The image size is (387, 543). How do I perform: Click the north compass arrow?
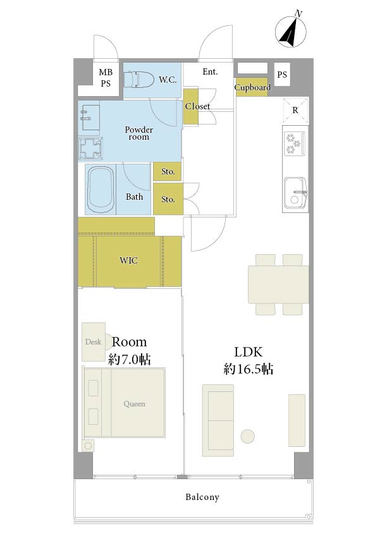pos(291,32)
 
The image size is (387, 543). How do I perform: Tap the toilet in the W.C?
pos(139,79)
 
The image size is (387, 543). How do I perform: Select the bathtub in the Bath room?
pos(101,190)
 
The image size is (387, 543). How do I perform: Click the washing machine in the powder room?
pos(90,149)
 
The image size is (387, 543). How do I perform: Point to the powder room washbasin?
pos(89,118)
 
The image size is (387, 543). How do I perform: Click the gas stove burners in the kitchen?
pos(294,144)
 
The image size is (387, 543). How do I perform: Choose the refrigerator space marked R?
pos(295,111)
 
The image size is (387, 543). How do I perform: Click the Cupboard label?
pos(252,87)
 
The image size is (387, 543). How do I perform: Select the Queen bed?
pos(124,403)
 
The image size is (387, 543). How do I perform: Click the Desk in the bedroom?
pos(94,342)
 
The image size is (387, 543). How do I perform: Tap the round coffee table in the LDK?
pos(247,436)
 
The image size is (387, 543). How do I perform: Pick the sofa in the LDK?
pos(218,420)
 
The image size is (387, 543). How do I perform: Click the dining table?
pos(278,284)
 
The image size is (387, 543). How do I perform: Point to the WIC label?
pos(128,260)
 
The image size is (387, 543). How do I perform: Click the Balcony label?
pos(202,497)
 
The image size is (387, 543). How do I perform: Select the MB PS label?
pos(106,78)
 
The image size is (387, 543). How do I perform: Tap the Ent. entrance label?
pos(211,71)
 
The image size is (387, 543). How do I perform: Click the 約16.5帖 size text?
pos(248,369)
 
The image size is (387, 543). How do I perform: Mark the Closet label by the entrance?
pos(197,106)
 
